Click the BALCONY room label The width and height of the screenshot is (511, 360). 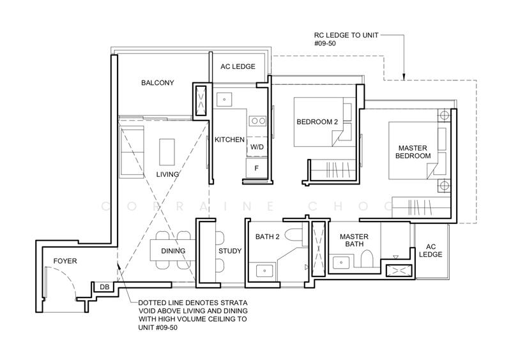(x=157, y=83)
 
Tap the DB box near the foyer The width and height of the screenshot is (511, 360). (x=104, y=287)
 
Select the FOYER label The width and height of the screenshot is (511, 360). (x=65, y=261)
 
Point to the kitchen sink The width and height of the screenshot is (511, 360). (x=224, y=99)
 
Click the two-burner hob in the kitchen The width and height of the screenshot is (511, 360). (x=258, y=121)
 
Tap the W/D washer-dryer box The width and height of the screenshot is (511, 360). (x=257, y=147)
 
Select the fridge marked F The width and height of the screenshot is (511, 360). (x=257, y=169)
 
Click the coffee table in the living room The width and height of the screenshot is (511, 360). (x=167, y=152)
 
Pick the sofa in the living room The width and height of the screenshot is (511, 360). (x=132, y=152)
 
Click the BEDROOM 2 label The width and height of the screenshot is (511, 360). (x=317, y=122)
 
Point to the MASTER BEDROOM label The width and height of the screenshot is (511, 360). (x=413, y=152)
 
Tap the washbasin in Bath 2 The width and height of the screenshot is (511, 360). (x=265, y=271)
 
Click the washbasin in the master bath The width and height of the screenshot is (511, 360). (x=341, y=262)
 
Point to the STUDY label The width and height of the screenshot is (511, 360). (x=230, y=251)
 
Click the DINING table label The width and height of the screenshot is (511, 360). (x=173, y=251)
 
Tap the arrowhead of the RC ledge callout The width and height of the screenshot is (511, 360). (x=404, y=77)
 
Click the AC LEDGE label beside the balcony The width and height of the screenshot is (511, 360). (x=238, y=66)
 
